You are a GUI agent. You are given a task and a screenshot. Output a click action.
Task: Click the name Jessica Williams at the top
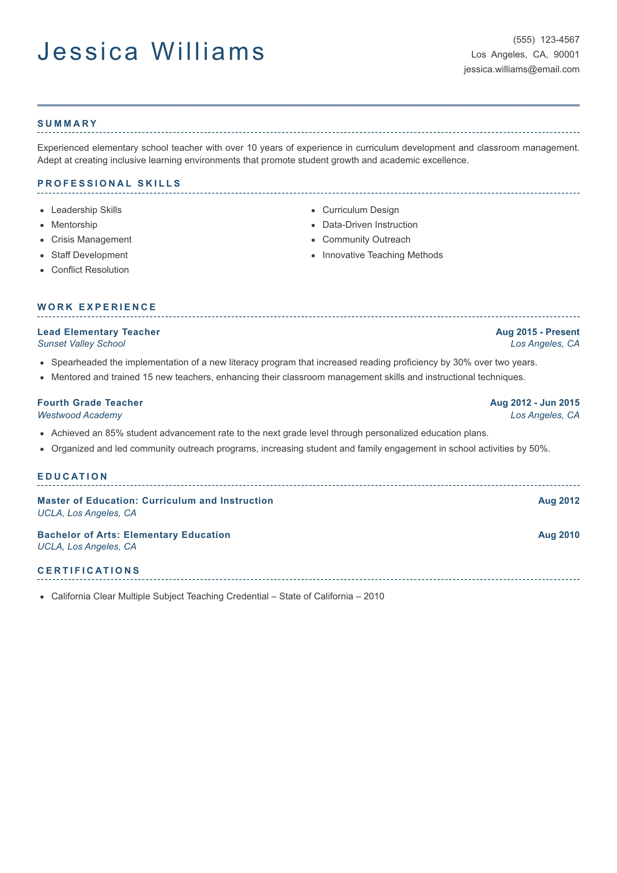click(x=151, y=52)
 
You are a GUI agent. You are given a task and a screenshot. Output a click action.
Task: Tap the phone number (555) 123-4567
click(x=546, y=40)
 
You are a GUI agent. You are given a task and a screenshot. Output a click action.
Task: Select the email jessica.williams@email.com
click(x=521, y=69)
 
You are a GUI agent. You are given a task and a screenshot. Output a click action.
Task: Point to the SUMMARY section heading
click(x=67, y=124)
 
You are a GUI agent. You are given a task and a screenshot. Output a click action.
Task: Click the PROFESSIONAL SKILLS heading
click(x=109, y=183)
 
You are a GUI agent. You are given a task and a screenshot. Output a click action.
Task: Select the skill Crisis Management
click(x=91, y=239)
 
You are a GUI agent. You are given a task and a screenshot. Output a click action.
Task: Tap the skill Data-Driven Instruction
click(x=370, y=225)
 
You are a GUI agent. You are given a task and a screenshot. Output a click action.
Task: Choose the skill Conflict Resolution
click(x=90, y=270)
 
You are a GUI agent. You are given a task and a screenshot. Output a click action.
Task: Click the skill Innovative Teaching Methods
click(x=382, y=255)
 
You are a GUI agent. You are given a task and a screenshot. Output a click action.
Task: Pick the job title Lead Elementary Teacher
click(x=99, y=332)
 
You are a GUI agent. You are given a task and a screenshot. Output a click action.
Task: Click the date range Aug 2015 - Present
click(x=537, y=332)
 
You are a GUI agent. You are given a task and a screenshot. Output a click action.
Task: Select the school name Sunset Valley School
click(x=82, y=344)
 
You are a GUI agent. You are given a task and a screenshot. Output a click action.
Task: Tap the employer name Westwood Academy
click(x=80, y=415)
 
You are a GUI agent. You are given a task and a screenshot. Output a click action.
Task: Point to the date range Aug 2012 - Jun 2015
click(x=535, y=403)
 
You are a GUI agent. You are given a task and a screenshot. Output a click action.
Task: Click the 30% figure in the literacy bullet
click(x=462, y=362)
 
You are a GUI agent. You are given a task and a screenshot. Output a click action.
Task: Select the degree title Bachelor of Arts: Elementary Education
click(x=134, y=535)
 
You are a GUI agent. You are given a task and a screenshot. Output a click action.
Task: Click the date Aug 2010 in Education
click(x=558, y=535)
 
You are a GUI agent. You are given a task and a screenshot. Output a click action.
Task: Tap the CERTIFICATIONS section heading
click(x=89, y=571)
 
